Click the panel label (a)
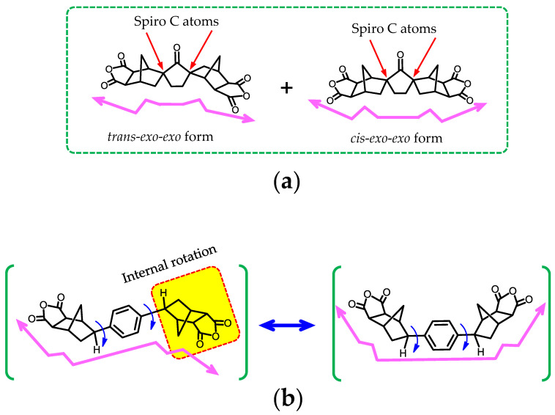point(277,178)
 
